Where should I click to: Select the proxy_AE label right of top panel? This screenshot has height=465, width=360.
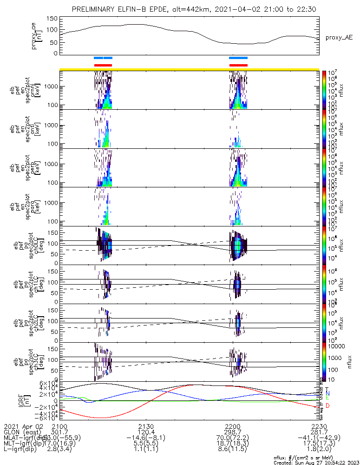[339, 37]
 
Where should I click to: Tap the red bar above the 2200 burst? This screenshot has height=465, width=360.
[238, 65]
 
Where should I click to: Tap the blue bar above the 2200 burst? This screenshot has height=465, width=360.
[238, 58]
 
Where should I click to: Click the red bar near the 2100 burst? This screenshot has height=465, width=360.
[103, 65]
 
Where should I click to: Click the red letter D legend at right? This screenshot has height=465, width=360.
[328, 406]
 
